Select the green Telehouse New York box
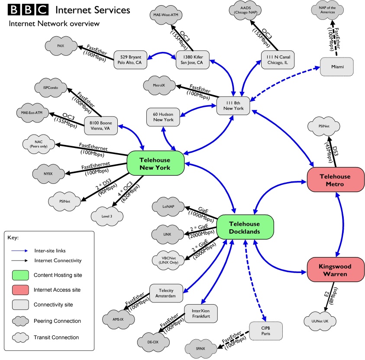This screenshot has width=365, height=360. click(155, 164)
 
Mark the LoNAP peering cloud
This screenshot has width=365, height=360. click(168, 208)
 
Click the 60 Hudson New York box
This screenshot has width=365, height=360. click(163, 116)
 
